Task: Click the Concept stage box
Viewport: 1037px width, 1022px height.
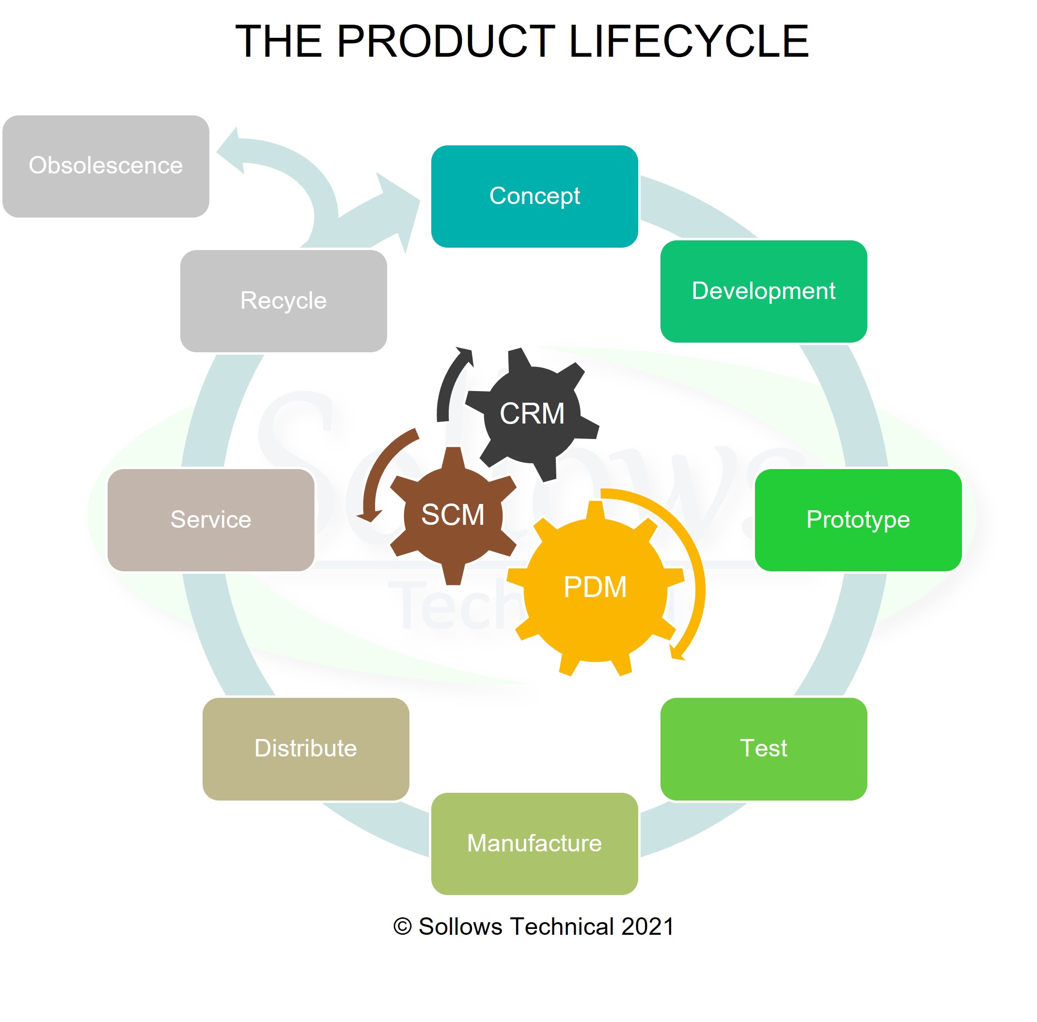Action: click(534, 196)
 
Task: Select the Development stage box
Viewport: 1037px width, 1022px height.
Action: click(763, 291)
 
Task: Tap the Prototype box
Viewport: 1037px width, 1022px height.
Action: click(858, 519)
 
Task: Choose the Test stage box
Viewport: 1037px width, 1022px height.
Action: click(763, 748)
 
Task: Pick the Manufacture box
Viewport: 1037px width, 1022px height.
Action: click(534, 843)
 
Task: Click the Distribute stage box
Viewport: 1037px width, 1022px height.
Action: click(305, 748)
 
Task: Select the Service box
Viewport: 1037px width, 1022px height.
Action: click(211, 519)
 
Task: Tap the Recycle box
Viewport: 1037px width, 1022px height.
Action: click(283, 300)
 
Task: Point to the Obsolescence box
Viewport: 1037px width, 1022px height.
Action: click(106, 166)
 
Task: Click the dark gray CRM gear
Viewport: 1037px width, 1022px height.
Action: click(532, 414)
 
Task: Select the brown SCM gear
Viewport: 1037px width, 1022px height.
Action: click(453, 515)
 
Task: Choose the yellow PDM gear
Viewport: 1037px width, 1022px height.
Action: click(595, 587)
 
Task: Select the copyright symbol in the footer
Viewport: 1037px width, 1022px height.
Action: click(403, 927)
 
